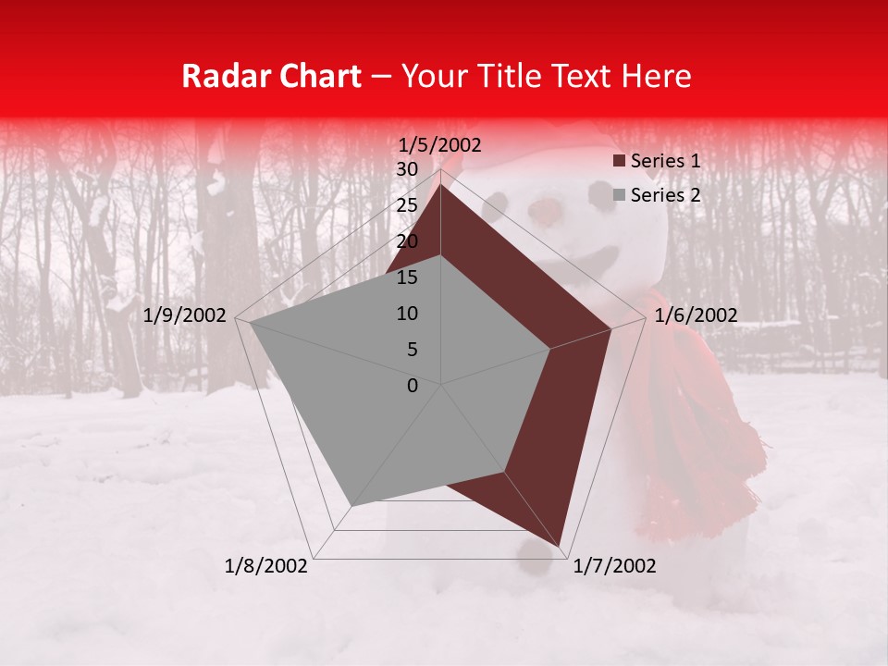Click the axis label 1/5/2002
tap(440, 145)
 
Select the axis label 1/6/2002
tap(696, 315)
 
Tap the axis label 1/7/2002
tap(615, 566)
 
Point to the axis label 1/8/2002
tap(266, 566)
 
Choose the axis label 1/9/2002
tap(185, 315)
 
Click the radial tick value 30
tap(407, 169)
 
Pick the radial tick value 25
tap(407, 205)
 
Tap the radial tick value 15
tap(407, 277)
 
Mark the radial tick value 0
tap(413, 386)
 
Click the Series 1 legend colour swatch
tap(619, 162)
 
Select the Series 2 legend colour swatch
tap(619, 195)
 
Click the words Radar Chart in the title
tap(271, 77)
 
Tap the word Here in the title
tap(656, 77)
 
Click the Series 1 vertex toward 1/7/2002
tap(560, 546)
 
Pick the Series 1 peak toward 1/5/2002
tap(440, 185)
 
